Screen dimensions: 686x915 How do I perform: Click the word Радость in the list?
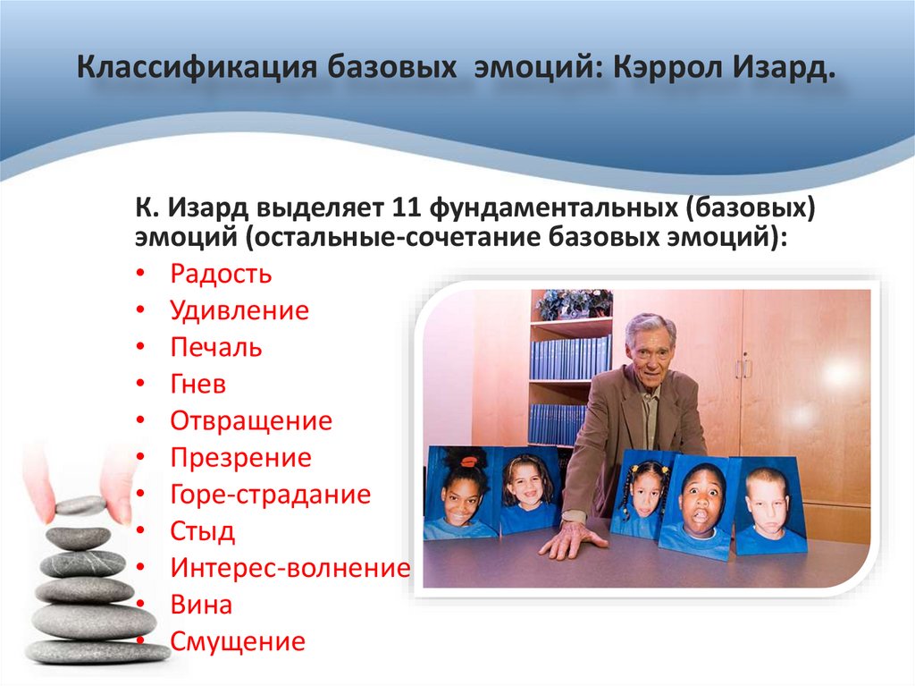(x=221, y=274)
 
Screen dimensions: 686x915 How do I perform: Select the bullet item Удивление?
(x=239, y=311)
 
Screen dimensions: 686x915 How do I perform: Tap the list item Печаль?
(x=216, y=348)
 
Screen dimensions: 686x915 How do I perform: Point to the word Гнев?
(x=197, y=385)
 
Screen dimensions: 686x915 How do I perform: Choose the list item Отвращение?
(x=251, y=421)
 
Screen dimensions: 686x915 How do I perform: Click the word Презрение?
(x=241, y=458)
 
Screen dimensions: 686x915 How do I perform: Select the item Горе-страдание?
(x=270, y=495)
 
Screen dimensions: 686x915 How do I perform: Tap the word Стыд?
(x=203, y=531)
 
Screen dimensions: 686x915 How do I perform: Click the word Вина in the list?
(x=201, y=605)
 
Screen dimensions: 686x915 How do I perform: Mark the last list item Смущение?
(x=238, y=641)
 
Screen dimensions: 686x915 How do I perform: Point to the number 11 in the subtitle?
(x=406, y=208)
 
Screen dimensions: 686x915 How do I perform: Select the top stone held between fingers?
(x=80, y=506)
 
